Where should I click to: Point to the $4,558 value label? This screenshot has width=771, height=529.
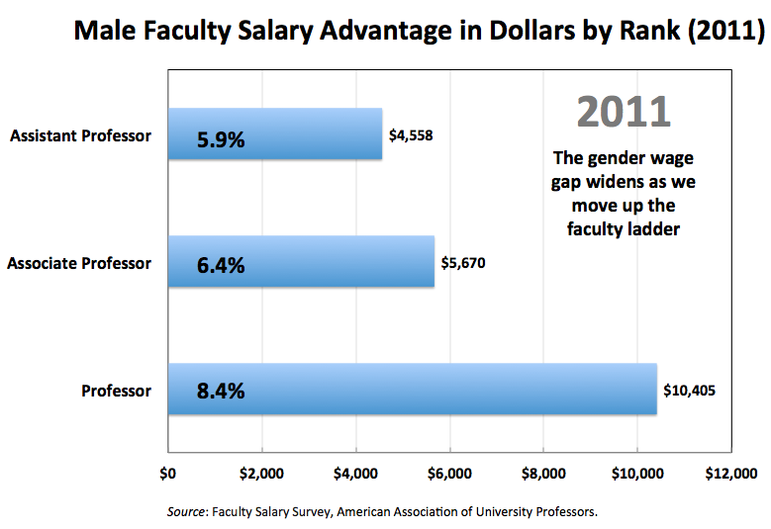(408, 134)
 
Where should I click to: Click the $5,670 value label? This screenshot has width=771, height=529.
(460, 263)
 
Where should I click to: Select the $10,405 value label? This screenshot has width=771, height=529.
(687, 391)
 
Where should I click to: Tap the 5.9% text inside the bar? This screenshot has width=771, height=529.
(221, 139)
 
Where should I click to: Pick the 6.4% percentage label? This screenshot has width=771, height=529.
(221, 266)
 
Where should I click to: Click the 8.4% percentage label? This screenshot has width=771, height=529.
(221, 391)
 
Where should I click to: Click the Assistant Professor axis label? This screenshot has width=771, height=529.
(80, 134)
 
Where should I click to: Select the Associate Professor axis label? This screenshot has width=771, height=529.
(79, 263)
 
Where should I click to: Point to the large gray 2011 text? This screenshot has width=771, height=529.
(624, 112)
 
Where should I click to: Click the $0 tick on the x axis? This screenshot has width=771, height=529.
(167, 474)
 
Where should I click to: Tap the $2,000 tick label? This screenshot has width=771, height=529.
(261, 474)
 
